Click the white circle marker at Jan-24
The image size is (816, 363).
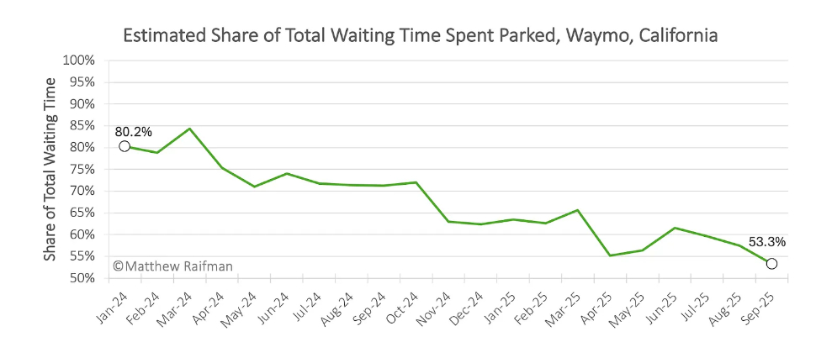tap(125, 146)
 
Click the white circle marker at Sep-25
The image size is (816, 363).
tap(771, 264)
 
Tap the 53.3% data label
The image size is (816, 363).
tap(766, 242)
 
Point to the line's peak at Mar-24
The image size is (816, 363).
tap(189, 129)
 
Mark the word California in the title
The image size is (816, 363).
tap(677, 36)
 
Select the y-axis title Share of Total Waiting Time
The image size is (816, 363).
tap(50, 169)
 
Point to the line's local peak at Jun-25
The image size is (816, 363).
tap(675, 228)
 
